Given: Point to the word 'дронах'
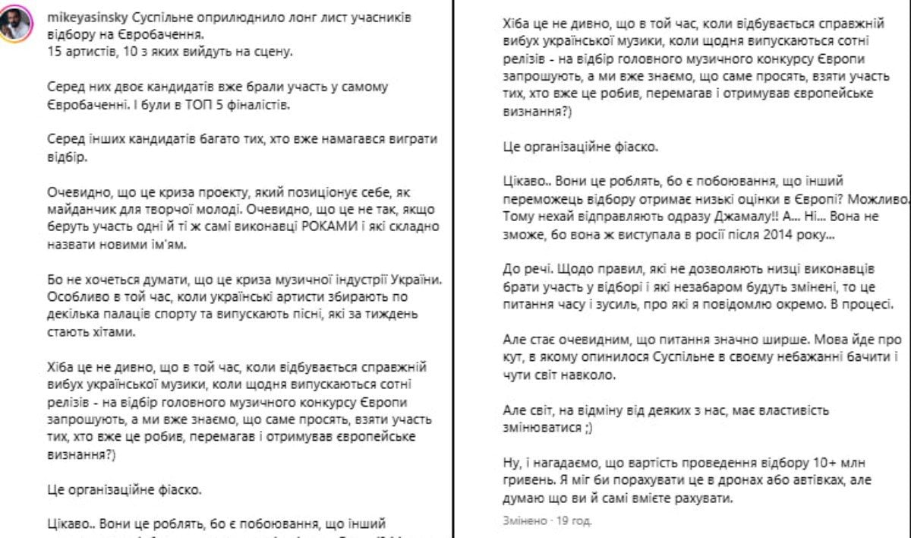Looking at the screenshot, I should pyautogui.click(x=753, y=481).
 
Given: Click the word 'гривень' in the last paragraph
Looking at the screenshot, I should pyautogui.click(x=527, y=481).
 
